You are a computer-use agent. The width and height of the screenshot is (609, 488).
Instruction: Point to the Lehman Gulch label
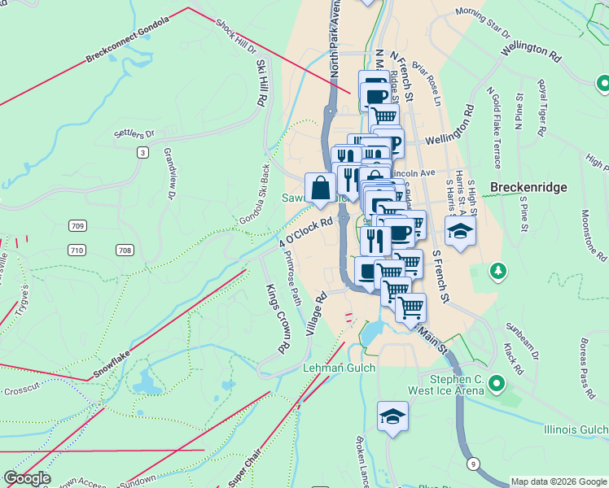point(339,368)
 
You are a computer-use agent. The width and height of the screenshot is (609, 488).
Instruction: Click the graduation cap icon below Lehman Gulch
point(392,417)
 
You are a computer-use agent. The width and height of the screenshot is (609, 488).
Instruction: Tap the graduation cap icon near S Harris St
point(460,231)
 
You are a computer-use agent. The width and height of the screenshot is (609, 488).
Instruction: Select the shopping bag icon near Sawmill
point(321,188)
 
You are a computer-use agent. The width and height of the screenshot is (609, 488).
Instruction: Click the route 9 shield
point(473,464)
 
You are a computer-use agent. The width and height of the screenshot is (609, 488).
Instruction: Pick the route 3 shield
point(143,152)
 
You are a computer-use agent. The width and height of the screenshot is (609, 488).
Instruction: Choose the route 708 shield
point(125,250)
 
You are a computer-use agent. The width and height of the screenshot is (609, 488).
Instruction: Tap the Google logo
point(27,478)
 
